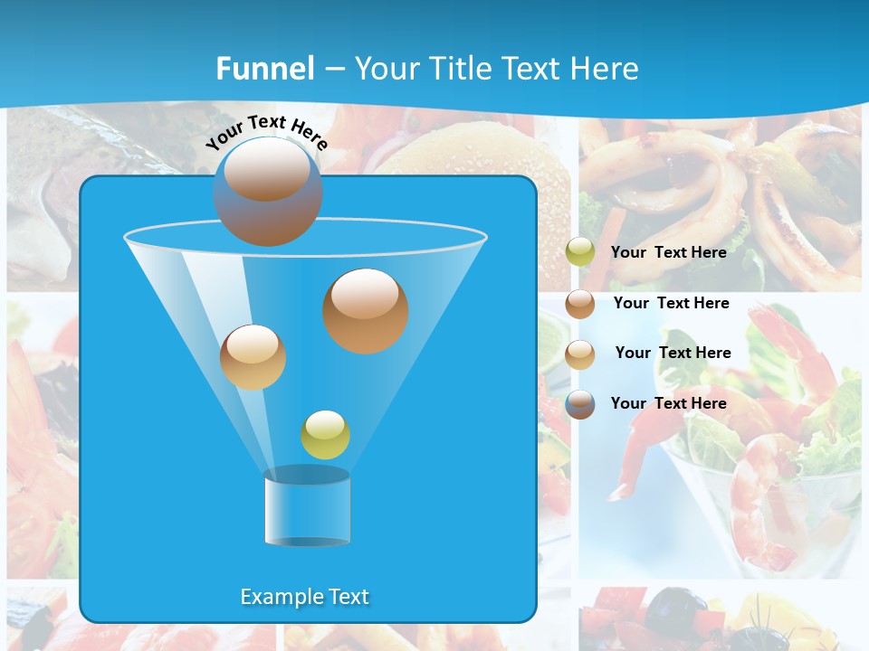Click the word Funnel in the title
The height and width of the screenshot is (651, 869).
[264, 69]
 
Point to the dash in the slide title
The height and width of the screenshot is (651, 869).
[334, 70]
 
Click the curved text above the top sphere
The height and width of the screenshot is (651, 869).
[266, 132]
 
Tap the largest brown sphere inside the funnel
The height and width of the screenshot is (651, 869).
[365, 310]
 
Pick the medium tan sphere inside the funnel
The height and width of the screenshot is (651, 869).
[253, 356]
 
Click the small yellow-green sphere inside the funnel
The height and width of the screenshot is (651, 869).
[325, 434]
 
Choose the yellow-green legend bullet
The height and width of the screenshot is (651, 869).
[580, 252]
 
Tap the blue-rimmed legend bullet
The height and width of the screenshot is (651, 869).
[580, 403]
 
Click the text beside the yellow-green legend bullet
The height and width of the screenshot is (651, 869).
[668, 252]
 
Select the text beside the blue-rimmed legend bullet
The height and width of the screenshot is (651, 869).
[668, 403]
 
